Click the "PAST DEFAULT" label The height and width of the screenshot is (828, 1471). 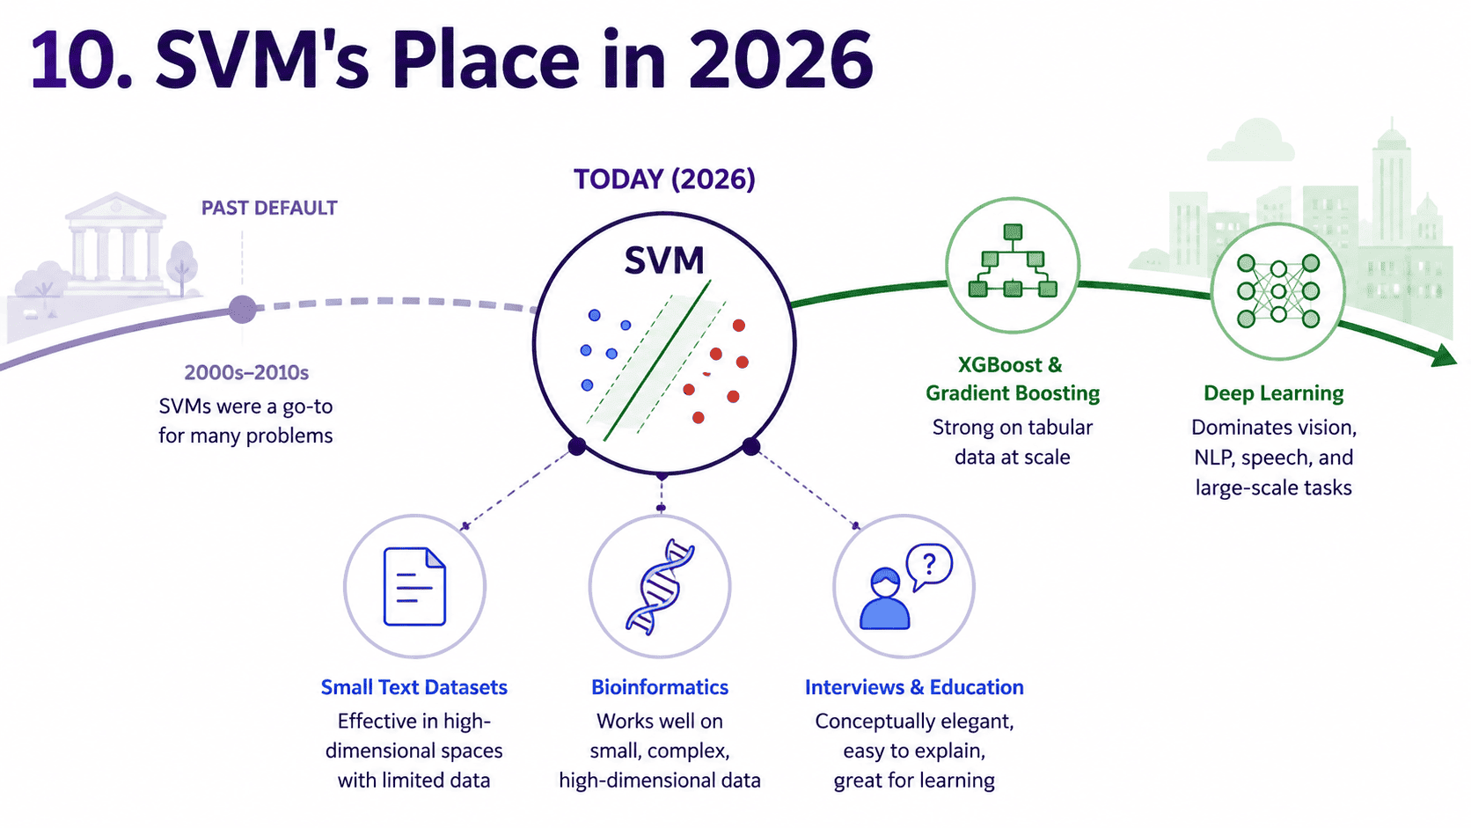(x=269, y=209)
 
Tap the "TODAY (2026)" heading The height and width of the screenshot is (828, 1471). (x=664, y=180)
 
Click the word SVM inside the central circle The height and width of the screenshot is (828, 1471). (x=664, y=260)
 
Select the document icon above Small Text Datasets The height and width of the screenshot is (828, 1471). (x=414, y=586)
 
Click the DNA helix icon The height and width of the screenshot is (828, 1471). (x=659, y=587)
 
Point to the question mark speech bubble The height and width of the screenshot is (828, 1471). (x=928, y=566)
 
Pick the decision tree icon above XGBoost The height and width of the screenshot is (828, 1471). (x=1013, y=261)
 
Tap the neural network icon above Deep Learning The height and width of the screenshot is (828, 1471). (x=1278, y=291)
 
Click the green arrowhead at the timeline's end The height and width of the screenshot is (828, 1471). (x=1444, y=355)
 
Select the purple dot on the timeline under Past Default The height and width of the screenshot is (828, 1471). (x=242, y=309)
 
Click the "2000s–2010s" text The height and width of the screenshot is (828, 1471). (x=246, y=373)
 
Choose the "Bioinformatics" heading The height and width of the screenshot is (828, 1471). (x=660, y=687)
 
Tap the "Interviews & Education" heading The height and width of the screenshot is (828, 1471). (x=914, y=687)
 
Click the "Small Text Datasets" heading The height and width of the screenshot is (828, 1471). (x=413, y=687)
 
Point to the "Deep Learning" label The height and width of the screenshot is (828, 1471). (x=1273, y=393)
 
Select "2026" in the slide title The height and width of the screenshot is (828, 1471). (x=781, y=61)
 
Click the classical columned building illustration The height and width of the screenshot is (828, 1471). (x=116, y=242)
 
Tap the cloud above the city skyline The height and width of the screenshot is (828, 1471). (x=1250, y=141)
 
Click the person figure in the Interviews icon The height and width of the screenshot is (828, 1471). (x=884, y=599)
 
